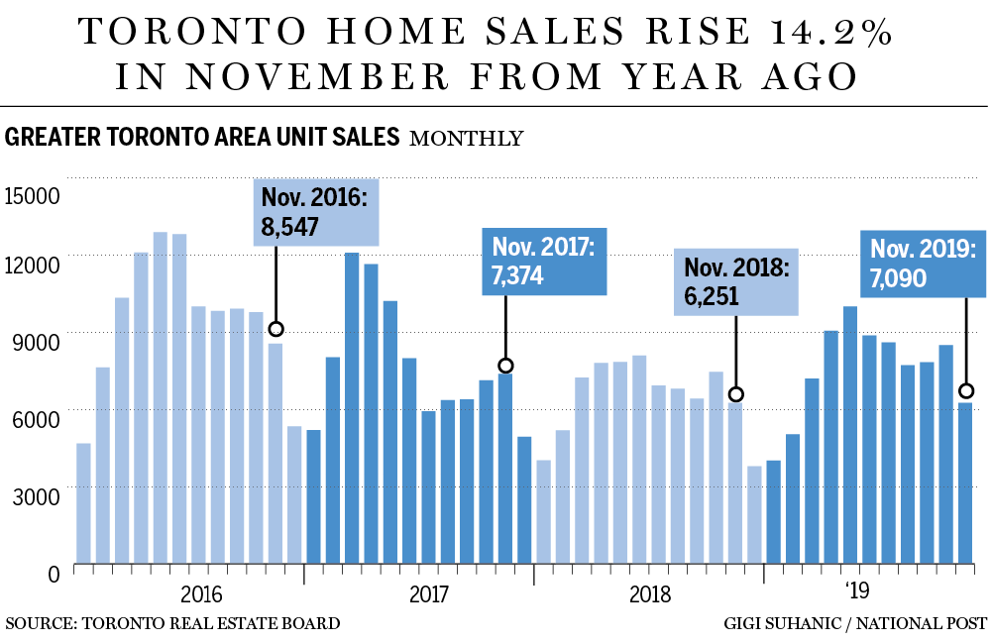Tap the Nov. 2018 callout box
(735, 282)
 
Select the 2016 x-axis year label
(203, 594)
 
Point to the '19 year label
(857, 592)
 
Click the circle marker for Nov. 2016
(276, 329)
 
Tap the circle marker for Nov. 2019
(966, 390)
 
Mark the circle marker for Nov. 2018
(735, 394)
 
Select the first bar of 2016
(83, 505)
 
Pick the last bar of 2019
(965, 484)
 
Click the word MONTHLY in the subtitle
(466, 138)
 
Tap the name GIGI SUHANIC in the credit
(784, 623)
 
